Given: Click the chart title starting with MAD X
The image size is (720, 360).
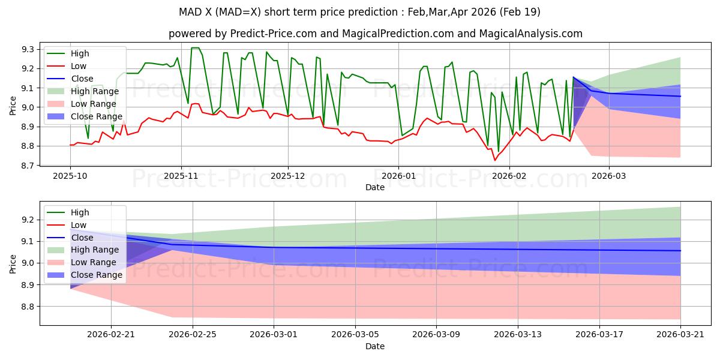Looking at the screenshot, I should click(359, 12).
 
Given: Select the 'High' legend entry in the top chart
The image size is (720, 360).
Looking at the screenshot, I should click(79, 53).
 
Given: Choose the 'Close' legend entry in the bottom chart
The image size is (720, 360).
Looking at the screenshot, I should click(82, 238).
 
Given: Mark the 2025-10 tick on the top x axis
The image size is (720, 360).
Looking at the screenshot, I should click(70, 176).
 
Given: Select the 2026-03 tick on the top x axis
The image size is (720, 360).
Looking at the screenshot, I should click(609, 176).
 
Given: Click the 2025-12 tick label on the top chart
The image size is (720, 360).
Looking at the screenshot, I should click(288, 176).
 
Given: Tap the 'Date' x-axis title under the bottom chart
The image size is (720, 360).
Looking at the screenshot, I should click(375, 346).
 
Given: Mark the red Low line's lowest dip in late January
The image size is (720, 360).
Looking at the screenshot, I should click(495, 160).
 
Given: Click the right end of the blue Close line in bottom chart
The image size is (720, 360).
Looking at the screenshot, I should click(680, 250).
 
